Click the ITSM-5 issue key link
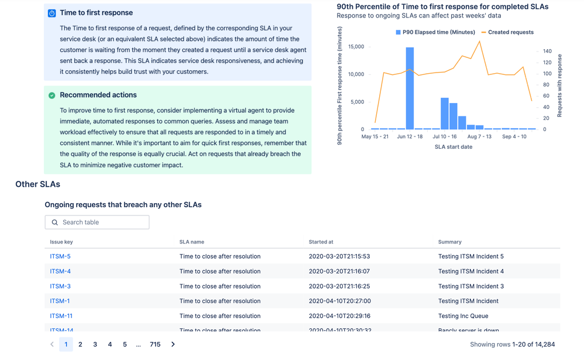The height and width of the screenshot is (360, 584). [60, 256]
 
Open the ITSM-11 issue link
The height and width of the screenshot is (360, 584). [61, 316]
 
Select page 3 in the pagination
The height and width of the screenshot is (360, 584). [95, 345]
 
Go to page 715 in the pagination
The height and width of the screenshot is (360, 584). [155, 345]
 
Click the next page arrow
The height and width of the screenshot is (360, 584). [173, 345]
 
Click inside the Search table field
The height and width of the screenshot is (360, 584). [103, 222]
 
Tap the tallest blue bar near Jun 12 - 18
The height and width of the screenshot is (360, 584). [410, 88]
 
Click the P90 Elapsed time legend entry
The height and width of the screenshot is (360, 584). [435, 32]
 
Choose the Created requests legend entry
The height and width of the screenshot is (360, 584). [507, 32]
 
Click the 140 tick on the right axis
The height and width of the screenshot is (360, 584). [547, 52]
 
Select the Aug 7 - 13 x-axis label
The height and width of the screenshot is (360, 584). [479, 136]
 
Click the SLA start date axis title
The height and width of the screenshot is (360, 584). [454, 147]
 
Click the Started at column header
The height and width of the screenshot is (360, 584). [321, 242]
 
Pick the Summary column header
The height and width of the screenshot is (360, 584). [450, 242]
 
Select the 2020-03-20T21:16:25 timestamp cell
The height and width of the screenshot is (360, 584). [339, 286]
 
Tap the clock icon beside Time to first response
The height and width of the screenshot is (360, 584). [52, 13]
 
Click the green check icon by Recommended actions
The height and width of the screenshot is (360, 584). [52, 95]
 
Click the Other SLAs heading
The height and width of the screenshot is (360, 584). [38, 184]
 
